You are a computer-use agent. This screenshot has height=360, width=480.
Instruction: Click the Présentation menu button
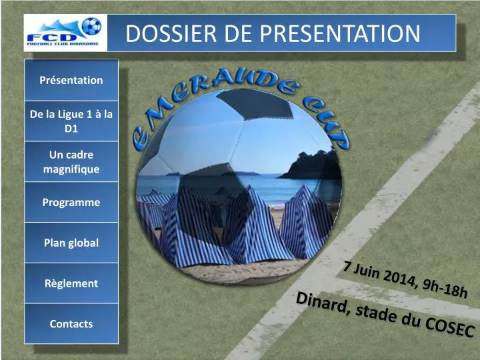[x=71, y=80]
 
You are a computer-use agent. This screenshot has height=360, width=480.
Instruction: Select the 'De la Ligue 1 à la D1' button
[x=71, y=121]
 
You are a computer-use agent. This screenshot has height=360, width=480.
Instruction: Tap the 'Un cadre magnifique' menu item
[x=71, y=162]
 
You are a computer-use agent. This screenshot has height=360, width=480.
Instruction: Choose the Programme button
[x=71, y=202]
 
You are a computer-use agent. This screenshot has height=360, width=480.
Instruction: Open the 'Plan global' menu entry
[x=71, y=243]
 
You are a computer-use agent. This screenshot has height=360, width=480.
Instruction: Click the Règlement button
[x=71, y=283]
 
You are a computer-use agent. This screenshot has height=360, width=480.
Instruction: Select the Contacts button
[x=71, y=324]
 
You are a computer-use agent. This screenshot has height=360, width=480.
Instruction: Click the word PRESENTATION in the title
[x=339, y=33]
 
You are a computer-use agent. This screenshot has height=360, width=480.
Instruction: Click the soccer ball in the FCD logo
[x=91, y=26]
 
